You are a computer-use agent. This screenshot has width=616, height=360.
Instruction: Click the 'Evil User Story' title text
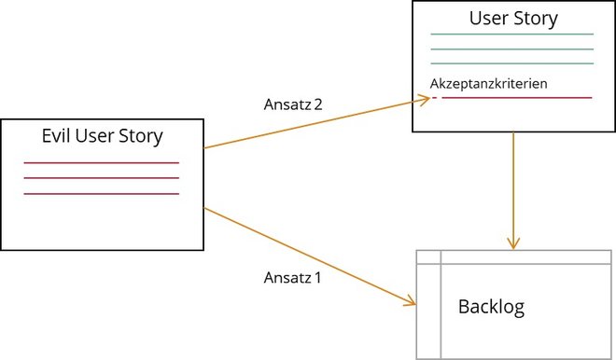click(x=102, y=136)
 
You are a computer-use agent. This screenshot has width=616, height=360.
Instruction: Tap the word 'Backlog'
click(x=491, y=306)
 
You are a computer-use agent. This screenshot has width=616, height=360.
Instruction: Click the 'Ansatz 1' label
click(x=293, y=277)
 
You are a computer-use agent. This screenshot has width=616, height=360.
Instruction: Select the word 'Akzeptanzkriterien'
click(x=488, y=84)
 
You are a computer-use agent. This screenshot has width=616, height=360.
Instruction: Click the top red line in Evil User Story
click(x=102, y=163)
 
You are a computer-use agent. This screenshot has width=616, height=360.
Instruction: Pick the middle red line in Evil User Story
click(x=102, y=178)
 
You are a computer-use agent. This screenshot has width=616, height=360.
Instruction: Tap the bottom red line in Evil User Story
click(x=102, y=194)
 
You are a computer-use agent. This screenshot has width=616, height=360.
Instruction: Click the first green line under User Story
click(x=511, y=35)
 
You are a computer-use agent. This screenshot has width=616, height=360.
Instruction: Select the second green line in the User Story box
click(x=511, y=49)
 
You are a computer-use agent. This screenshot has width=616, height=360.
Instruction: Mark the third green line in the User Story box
click(x=511, y=64)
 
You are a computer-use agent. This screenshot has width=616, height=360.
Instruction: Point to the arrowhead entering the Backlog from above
click(x=512, y=243)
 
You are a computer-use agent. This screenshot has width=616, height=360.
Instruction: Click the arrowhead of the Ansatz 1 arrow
click(x=410, y=301)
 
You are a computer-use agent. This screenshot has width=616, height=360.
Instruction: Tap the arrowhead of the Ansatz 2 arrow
click(x=425, y=102)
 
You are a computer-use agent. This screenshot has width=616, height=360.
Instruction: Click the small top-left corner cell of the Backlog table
click(x=427, y=257)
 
